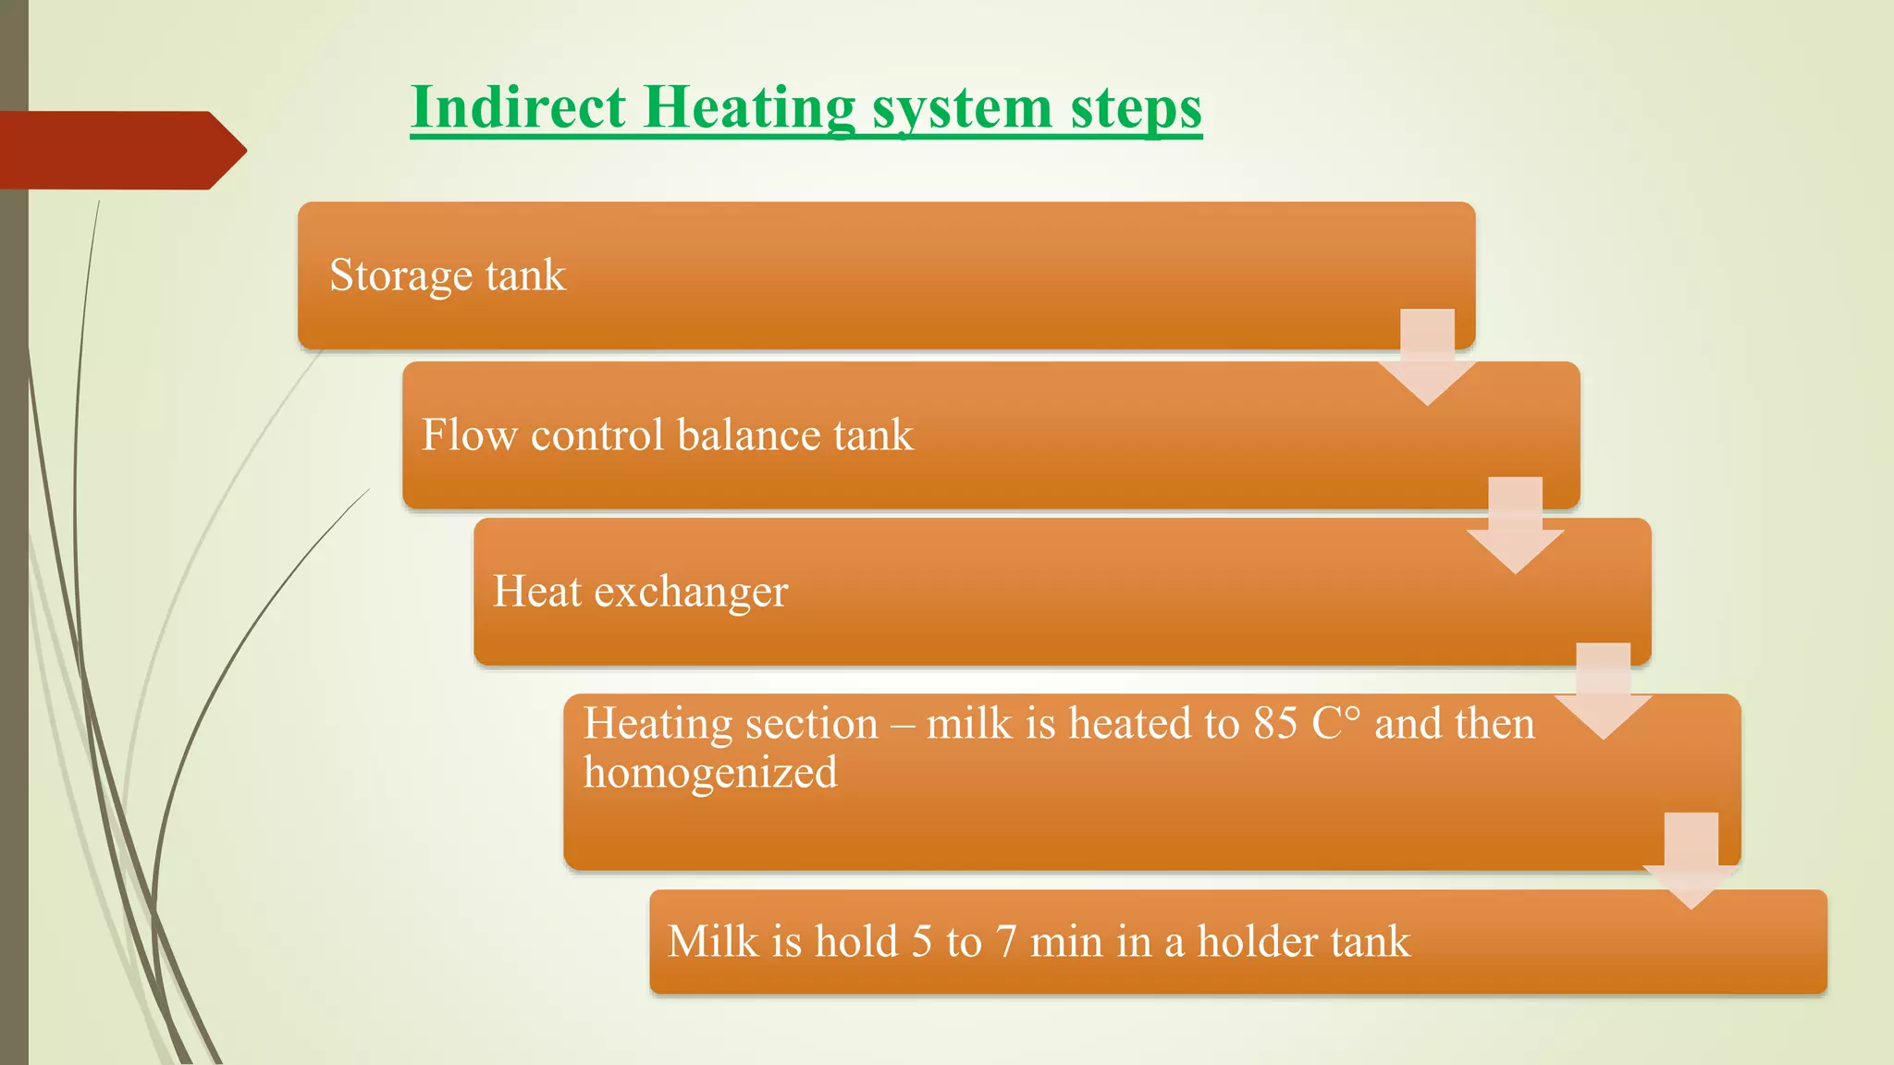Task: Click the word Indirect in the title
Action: click(519, 107)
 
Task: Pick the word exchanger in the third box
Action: click(691, 592)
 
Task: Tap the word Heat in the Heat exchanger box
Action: click(536, 591)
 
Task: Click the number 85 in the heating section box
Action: click(1275, 723)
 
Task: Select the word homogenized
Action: click(710, 773)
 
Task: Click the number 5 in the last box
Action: click(921, 942)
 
